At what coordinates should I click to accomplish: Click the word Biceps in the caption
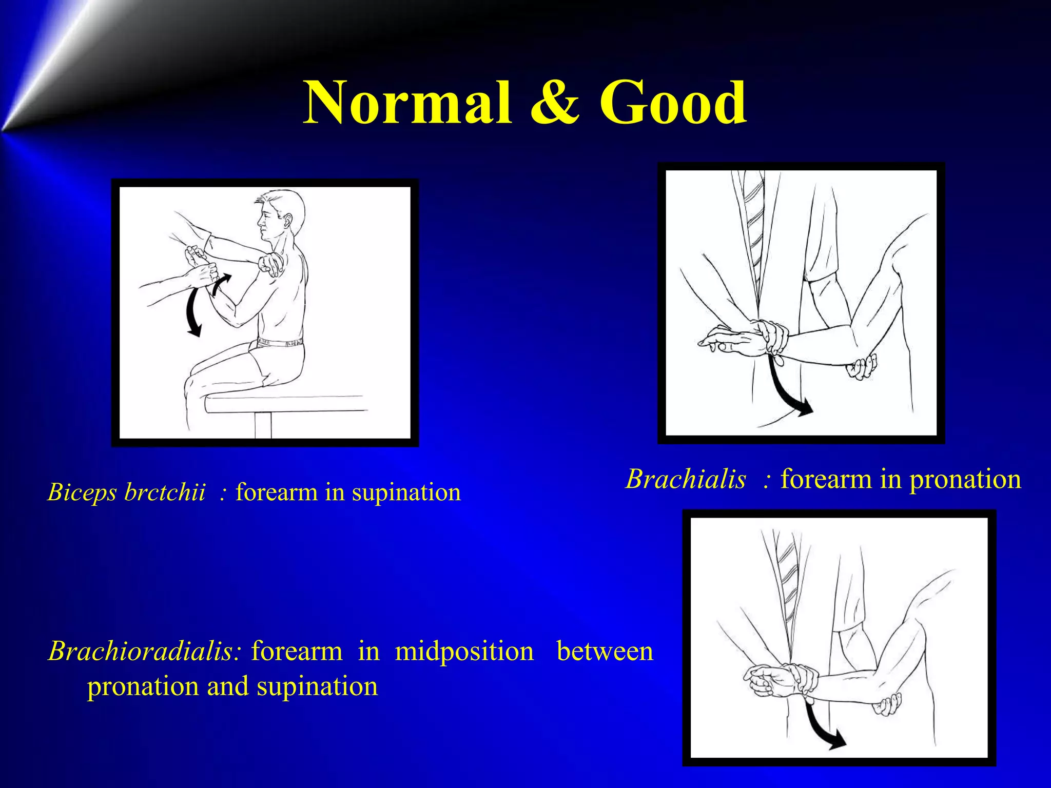tap(82, 493)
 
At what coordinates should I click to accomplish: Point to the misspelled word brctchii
tap(165, 493)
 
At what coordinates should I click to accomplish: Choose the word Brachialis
tap(686, 479)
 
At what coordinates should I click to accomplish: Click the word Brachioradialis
tap(144, 652)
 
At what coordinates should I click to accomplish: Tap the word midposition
tap(464, 652)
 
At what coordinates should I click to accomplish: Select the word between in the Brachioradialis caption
tap(605, 652)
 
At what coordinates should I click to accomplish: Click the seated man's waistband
tap(280, 342)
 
